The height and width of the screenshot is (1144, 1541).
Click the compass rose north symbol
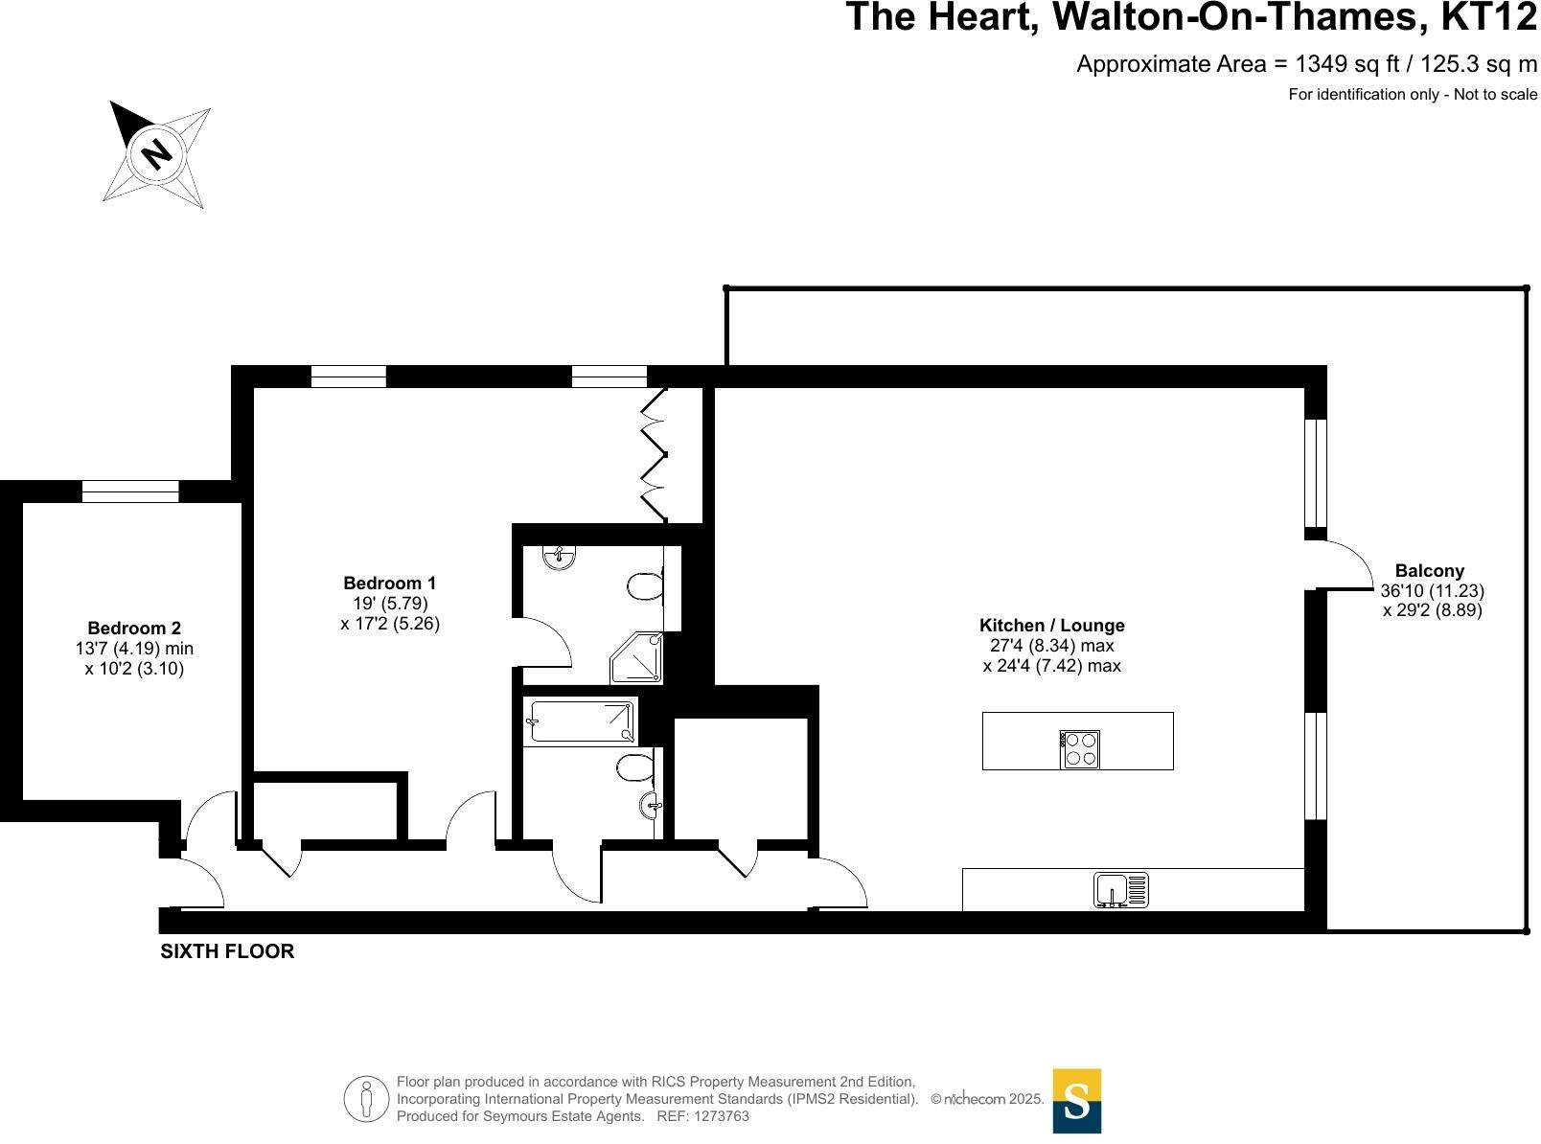click(x=156, y=153)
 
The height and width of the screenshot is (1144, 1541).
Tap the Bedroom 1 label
click(x=389, y=583)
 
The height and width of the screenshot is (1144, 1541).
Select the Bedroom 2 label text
click(x=134, y=629)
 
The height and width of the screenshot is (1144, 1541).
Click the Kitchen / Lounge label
click(x=1051, y=626)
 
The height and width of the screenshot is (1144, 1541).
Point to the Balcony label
click(x=1429, y=571)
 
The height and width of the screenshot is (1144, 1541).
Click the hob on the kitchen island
click(x=1079, y=749)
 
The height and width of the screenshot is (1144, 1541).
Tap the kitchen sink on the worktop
click(x=1121, y=890)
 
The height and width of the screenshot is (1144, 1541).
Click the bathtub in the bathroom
click(x=581, y=721)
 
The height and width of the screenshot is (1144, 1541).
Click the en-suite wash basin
click(x=559, y=557)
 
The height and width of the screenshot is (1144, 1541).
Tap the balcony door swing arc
click(x=1345, y=565)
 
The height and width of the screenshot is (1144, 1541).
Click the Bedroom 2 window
click(x=130, y=492)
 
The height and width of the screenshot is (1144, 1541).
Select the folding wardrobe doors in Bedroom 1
click(x=653, y=454)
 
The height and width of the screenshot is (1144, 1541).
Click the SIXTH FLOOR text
click(x=227, y=951)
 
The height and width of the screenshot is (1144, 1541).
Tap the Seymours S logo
click(x=1076, y=1101)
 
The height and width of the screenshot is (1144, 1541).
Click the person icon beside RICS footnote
click(x=366, y=1100)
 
